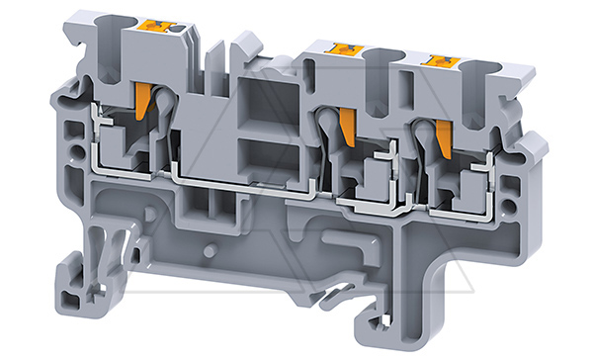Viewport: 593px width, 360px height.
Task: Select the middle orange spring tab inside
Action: pyautogui.click(x=347, y=125)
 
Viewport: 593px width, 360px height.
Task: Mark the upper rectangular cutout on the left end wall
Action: pyautogui.click(x=70, y=130)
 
